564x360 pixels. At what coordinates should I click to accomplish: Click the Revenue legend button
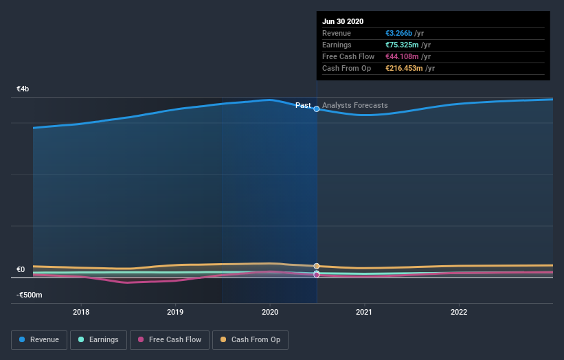pyautogui.click(x=39, y=339)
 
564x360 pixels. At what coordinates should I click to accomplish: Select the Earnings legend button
pyautogui.click(x=98, y=339)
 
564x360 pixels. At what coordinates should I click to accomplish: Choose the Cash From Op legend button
pyautogui.click(x=251, y=339)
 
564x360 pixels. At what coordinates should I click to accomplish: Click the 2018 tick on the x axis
pyautogui.click(x=81, y=312)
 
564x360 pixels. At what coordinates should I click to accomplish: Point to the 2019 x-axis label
pyautogui.click(x=175, y=312)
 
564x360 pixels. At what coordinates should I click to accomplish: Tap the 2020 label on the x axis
pyautogui.click(x=270, y=312)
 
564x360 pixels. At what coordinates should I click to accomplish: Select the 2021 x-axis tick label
pyautogui.click(x=364, y=312)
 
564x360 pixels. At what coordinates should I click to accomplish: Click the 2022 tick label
pyautogui.click(x=458, y=312)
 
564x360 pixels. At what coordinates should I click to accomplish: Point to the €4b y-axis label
pyautogui.click(x=23, y=89)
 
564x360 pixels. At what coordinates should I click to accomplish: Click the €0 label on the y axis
pyautogui.click(x=21, y=270)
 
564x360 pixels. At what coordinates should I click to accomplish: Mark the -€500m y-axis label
pyautogui.click(x=29, y=295)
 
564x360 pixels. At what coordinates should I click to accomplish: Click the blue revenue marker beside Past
pyautogui.click(x=317, y=109)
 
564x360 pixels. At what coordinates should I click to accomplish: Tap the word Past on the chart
pyautogui.click(x=303, y=106)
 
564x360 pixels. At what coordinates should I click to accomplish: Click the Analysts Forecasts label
pyautogui.click(x=355, y=106)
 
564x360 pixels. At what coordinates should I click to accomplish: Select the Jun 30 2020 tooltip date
pyautogui.click(x=343, y=21)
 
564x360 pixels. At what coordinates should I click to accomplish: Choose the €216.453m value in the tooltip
pyautogui.click(x=404, y=68)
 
